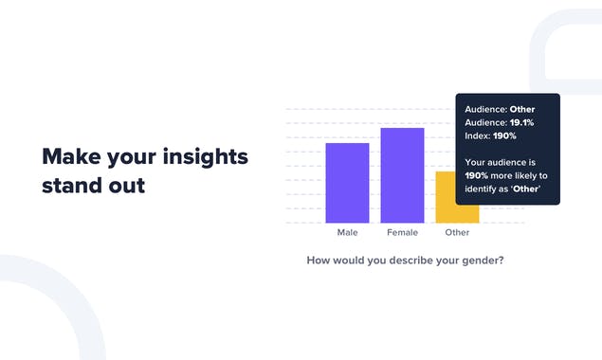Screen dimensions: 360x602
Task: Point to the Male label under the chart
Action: point(347,232)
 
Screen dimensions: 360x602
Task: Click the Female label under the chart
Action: point(402,232)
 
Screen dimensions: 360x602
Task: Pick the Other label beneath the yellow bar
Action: point(457,232)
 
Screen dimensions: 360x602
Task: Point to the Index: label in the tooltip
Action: point(478,135)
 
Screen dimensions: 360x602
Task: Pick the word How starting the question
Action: point(318,260)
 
